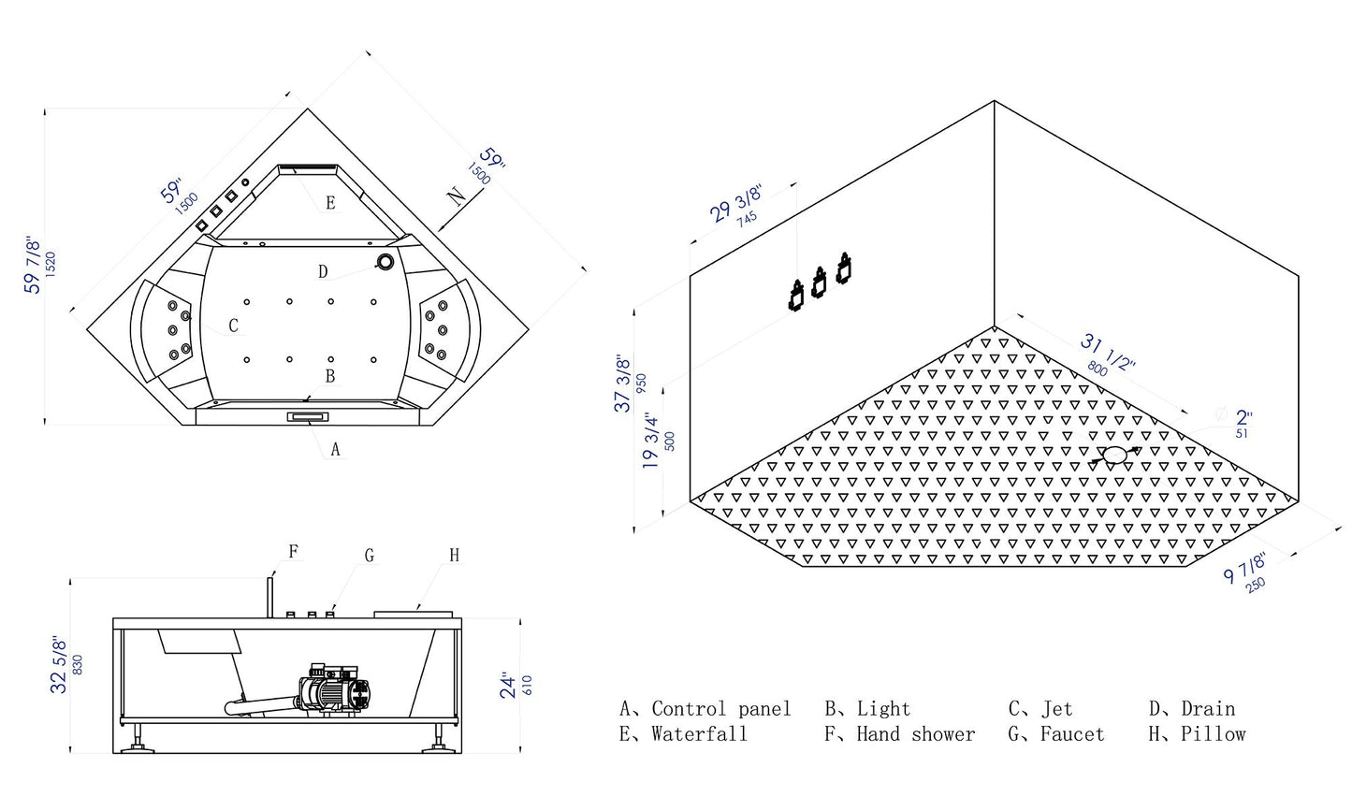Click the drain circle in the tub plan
pos(385,261)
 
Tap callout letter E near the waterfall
pos(331,203)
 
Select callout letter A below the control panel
pos(336,449)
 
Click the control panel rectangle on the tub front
pos(309,417)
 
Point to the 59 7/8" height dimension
pos(32,266)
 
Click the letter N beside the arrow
pos(457,196)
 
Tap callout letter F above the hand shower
pos(294,552)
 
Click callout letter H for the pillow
pos(455,555)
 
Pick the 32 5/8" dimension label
pos(59,664)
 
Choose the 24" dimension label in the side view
pos(508,686)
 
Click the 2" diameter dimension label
pos(1244,417)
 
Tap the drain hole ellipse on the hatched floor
pos(1114,455)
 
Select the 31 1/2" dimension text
pos(1108,352)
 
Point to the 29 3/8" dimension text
pos(735,203)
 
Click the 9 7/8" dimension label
pos(1244,568)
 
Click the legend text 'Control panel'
pos(721,708)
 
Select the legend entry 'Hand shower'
pos(916,733)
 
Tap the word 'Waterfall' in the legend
pos(700,733)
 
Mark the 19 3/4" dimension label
pos(650,442)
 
